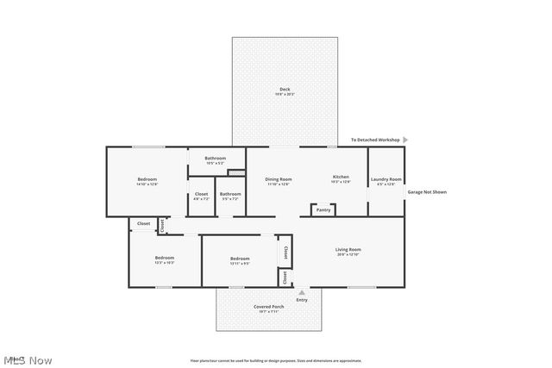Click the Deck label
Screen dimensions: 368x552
284,90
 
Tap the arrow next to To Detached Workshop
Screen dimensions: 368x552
405,140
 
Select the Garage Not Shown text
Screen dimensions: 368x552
427,191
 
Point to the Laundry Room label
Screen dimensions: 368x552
386,179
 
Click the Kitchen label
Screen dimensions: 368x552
341,178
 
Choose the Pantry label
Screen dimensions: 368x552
323,209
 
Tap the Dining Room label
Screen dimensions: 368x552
278,179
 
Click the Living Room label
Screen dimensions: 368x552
348,250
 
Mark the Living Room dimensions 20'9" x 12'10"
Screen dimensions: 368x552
348,255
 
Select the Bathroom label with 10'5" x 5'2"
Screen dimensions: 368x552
215,159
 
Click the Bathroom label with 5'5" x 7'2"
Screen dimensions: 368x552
230,194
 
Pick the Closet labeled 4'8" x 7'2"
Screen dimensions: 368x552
201,194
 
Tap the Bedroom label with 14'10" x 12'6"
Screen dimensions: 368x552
147,179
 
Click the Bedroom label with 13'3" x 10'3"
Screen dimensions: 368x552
164,258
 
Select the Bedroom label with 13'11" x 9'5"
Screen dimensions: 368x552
240,258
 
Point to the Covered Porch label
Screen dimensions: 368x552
268,307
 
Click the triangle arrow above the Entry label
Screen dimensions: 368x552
301,293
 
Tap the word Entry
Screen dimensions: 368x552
301,300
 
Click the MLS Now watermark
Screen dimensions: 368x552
28,359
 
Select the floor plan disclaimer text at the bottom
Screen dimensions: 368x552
276,360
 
